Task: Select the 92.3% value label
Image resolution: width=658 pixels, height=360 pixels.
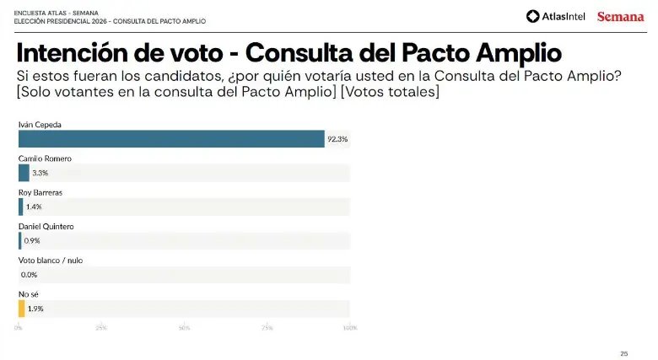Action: coord(337,139)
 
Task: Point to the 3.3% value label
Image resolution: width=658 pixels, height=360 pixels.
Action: coord(40,173)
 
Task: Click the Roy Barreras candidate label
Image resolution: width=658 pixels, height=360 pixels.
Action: coord(40,192)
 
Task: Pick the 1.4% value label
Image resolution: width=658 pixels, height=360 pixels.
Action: coord(34,207)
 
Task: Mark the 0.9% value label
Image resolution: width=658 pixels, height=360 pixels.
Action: coord(32,240)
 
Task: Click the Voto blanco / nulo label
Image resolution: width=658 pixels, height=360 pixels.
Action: coord(51,261)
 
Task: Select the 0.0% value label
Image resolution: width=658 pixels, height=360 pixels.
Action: coord(29,275)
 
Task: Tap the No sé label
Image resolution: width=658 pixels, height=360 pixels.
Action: coord(28,294)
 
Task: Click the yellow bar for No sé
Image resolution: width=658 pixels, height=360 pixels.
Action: coord(22,309)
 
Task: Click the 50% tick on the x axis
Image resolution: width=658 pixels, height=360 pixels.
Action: coord(184,327)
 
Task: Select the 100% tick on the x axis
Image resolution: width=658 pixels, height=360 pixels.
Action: coord(349,327)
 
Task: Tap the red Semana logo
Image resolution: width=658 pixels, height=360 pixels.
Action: coord(620,16)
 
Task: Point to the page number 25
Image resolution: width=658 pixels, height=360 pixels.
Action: coord(624,352)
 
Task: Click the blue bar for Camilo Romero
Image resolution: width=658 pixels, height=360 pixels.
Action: coord(24,173)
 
